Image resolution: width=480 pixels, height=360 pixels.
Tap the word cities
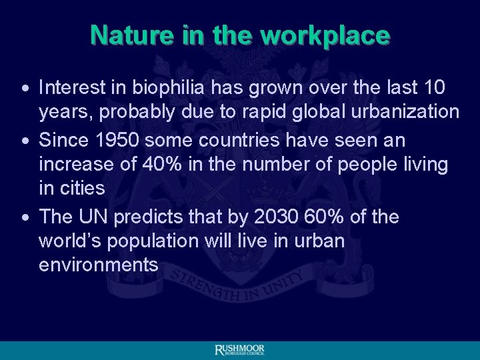pyautogui.click(x=81, y=188)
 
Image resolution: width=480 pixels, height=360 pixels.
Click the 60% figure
pyautogui.click(x=335, y=217)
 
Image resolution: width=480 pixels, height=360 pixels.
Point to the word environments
pyautogui.click(x=99, y=265)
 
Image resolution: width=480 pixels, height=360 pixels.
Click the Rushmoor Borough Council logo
pyautogui.click(x=240, y=350)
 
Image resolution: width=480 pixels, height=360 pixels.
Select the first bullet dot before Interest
pyautogui.click(x=24, y=88)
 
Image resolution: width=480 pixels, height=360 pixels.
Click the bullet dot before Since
pyautogui.click(x=24, y=141)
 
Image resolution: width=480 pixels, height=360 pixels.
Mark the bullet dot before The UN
pyautogui.click(x=24, y=217)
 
